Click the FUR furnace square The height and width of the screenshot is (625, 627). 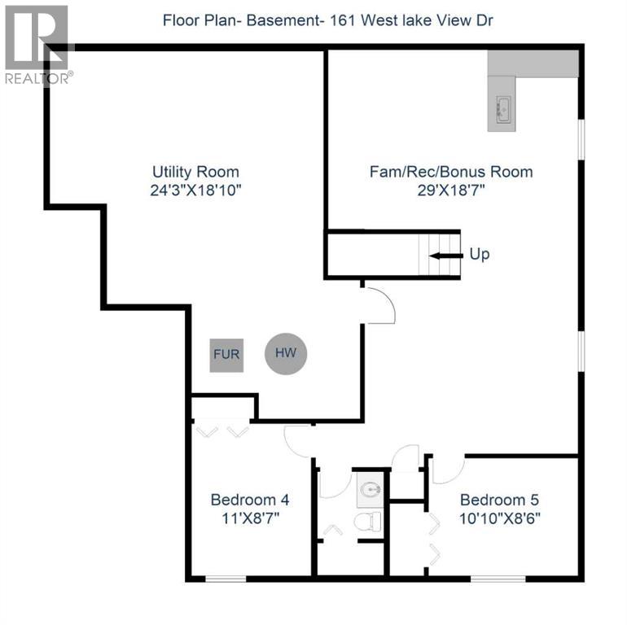(x=226, y=356)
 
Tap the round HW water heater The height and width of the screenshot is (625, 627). (x=285, y=354)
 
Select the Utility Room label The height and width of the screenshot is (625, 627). (x=195, y=172)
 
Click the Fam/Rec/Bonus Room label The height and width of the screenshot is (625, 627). (x=451, y=172)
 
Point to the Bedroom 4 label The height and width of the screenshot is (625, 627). (x=249, y=500)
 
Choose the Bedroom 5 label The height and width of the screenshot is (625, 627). (x=499, y=500)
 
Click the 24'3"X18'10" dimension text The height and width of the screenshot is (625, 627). (x=195, y=190)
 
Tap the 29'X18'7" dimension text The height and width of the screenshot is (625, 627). (x=451, y=190)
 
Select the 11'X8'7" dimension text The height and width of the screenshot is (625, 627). (x=249, y=517)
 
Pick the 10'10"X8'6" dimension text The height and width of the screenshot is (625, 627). (x=499, y=517)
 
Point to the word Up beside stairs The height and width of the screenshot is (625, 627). (x=480, y=255)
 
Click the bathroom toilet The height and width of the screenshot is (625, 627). (x=369, y=522)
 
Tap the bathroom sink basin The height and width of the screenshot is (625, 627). (x=371, y=490)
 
